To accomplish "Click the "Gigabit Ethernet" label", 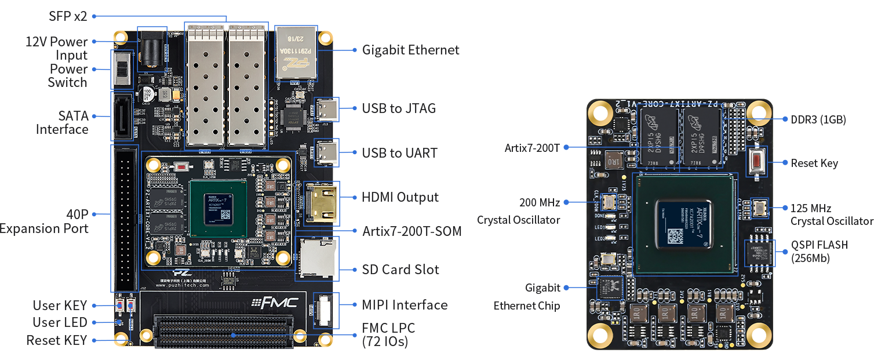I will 410,50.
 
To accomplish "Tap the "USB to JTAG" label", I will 399,108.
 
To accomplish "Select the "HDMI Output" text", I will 400,197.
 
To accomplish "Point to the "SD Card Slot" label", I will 400,270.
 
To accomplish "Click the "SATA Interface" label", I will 62,122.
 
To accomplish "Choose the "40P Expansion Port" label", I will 44,221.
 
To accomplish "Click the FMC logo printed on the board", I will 275,302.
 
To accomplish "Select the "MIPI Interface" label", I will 405,305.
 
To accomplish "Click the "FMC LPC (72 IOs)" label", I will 388,335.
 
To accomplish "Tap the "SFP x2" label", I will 67,16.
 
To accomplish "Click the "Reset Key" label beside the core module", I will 814,163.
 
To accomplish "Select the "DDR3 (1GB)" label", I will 818,120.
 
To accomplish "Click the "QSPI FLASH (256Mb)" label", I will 819,252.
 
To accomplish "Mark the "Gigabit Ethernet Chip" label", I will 527,296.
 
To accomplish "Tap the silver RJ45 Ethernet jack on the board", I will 296,53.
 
